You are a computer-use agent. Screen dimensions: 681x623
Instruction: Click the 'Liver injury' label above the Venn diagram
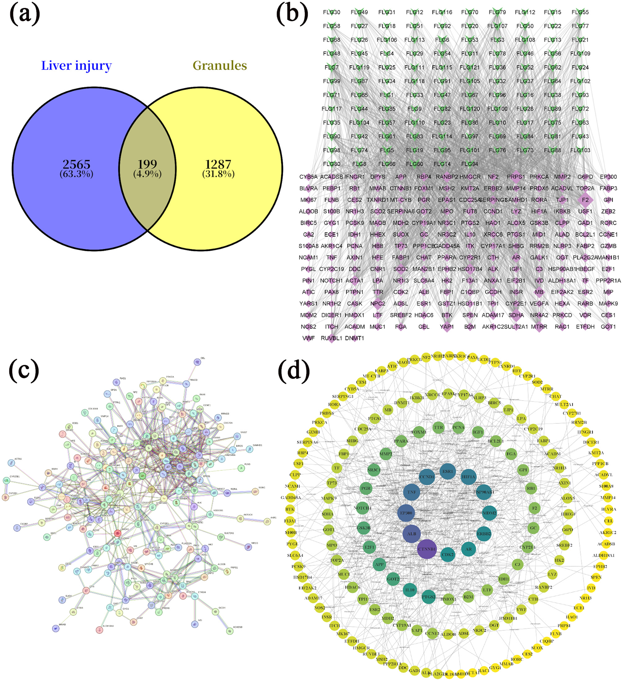[76, 65]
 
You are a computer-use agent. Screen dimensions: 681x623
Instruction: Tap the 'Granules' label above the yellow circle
[220, 65]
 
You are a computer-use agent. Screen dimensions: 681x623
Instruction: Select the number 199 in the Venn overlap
[147, 164]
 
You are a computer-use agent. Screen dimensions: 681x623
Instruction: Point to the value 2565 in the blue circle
[76, 164]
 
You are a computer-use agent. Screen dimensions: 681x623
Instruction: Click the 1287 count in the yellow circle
[218, 164]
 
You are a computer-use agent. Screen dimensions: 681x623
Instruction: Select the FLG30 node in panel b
[332, 12]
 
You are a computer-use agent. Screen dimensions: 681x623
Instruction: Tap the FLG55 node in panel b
[580, 12]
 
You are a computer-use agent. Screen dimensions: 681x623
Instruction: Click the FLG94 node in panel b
[470, 164]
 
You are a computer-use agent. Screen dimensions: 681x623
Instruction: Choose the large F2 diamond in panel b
[585, 200]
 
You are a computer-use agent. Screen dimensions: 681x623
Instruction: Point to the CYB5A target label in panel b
[308, 177]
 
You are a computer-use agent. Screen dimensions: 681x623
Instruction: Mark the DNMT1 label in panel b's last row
[354, 338]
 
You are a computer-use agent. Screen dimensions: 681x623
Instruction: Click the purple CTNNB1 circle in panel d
[427, 549]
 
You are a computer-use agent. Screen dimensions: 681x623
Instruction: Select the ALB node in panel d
[412, 533]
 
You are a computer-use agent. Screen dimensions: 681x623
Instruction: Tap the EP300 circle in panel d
[406, 513]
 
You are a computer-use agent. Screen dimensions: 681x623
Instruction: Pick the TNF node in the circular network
[412, 492]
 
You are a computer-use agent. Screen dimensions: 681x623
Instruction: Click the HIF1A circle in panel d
[468, 477]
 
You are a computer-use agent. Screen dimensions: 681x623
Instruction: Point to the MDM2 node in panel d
[489, 513]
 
